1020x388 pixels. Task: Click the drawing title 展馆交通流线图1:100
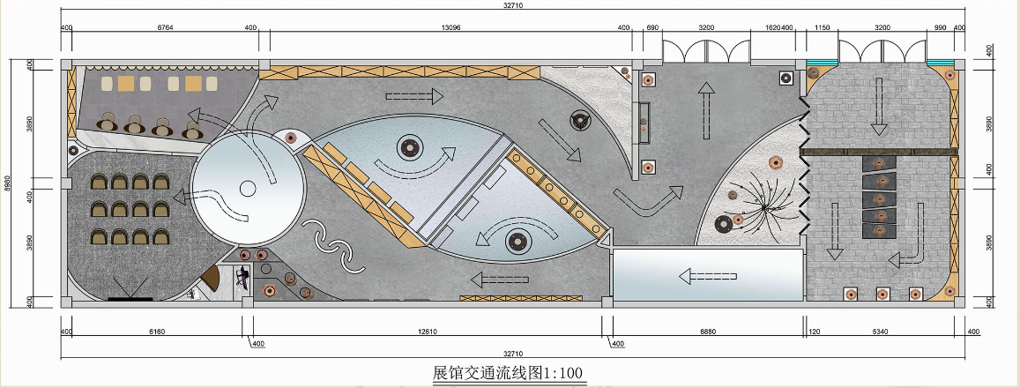[x=509, y=371]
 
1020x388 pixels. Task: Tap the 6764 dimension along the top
[x=165, y=26]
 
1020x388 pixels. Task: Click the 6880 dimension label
[x=708, y=332]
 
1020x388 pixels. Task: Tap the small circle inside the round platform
[x=249, y=187]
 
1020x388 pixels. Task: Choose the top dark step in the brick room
[x=877, y=163]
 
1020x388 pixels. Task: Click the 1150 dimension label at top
[x=823, y=26]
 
